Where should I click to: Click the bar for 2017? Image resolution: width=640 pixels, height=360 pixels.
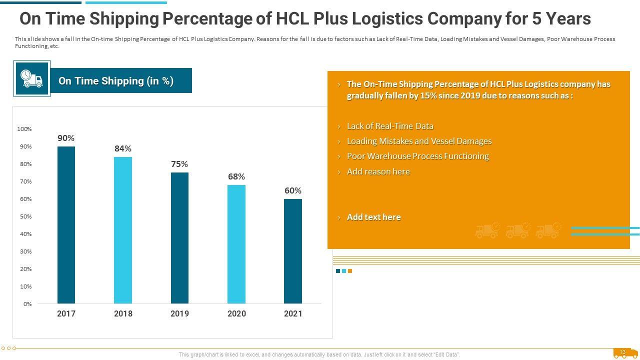[x=66, y=225]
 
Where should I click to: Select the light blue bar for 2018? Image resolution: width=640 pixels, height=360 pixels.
[x=123, y=230]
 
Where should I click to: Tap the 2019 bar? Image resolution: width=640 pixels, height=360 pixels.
[x=179, y=238]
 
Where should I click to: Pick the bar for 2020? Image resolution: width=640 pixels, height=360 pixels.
[x=236, y=244]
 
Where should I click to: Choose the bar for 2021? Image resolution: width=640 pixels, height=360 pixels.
[x=293, y=251]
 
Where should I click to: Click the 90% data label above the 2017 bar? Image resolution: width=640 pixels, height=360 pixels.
[x=66, y=138]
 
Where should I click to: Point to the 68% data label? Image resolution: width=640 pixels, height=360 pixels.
[x=236, y=176]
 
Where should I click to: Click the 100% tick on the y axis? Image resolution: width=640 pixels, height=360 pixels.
[x=24, y=129]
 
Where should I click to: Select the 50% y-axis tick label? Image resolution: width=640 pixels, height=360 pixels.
[x=25, y=216]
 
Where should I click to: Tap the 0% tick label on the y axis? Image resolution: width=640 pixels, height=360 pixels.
[x=27, y=304]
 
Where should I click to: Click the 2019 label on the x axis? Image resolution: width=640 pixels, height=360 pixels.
[x=179, y=313]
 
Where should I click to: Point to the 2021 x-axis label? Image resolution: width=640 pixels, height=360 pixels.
[x=293, y=313]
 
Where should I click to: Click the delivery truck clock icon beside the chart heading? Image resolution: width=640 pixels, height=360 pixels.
[x=32, y=78]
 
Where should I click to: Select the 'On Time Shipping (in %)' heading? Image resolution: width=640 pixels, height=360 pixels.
[x=116, y=81]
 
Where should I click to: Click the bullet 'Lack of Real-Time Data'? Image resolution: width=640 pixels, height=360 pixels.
[x=390, y=126]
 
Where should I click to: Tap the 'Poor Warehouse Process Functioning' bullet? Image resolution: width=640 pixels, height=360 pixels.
[x=417, y=156]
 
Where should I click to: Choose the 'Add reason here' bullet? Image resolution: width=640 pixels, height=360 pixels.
[x=378, y=171]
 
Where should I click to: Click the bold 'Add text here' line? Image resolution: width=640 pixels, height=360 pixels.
[x=373, y=217]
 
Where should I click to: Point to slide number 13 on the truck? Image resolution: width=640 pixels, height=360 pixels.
[x=622, y=352]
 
